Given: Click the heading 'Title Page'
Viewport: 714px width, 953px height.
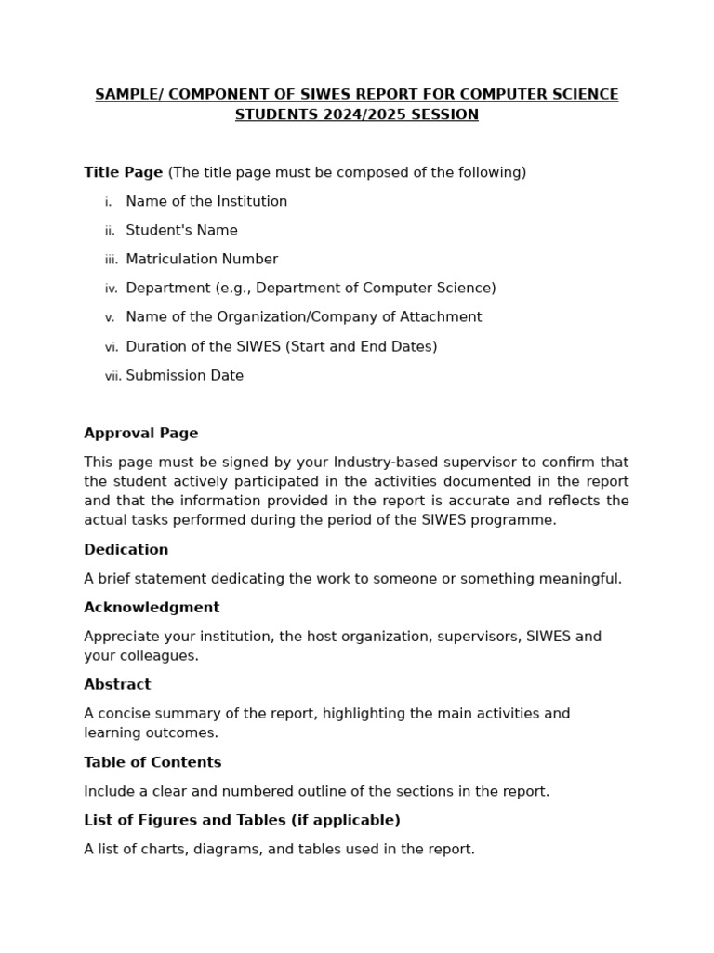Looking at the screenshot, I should point(123,172).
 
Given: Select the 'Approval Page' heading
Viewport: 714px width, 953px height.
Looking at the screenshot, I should point(140,434).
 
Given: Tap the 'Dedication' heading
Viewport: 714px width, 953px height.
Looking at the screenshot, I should point(126,550).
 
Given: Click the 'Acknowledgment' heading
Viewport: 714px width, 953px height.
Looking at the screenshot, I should point(152,608).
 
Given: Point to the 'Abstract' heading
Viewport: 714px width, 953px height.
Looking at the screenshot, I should point(117,685).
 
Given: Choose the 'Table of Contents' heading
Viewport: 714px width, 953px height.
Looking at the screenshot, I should point(152,762).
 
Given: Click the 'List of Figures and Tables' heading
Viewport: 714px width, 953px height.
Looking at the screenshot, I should point(242,821).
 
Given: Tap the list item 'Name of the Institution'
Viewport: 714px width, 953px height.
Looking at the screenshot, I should point(206,202).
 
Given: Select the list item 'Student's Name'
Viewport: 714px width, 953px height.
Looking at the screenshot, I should point(181,231).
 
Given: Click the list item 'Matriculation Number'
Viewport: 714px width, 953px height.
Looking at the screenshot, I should point(202,260).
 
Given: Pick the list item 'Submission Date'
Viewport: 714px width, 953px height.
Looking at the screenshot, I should point(184,376).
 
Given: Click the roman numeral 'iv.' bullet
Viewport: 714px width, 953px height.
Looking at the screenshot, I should point(112,289).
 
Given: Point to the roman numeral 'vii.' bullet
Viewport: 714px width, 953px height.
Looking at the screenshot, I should point(112,377).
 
